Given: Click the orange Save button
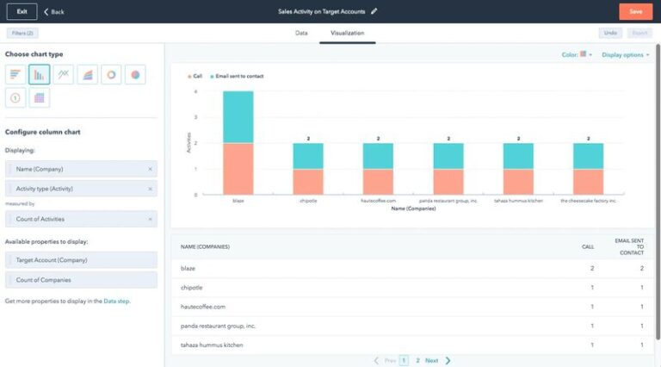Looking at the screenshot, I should coord(635,11).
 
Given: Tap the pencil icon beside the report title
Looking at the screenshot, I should coord(374,12).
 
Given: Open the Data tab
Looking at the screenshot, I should coord(301,33).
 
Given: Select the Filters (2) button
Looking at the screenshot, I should coord(22,33).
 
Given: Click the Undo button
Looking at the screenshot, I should coord(610,33).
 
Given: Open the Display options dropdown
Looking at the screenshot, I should coord(625,54).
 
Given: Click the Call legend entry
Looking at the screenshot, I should coord(195,76).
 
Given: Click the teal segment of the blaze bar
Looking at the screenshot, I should coord(238,116).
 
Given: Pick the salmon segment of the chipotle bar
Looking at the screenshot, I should coord(308,182).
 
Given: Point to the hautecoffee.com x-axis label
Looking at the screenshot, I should coord(378,200).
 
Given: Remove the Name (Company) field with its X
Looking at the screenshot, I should coord(150,169).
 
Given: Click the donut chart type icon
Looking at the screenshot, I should coord(111,75).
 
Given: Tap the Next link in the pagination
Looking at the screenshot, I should coord(432,360).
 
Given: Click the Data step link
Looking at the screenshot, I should coord(116,301).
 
